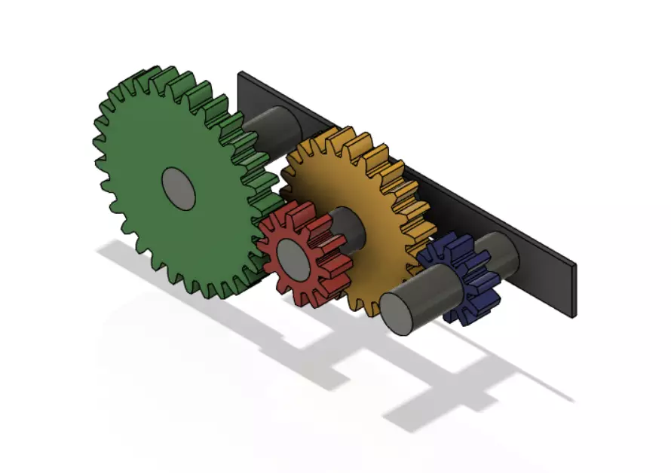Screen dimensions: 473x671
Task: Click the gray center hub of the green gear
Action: click(x=179, y=188)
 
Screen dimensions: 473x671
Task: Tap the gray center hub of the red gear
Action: click(x=292, y=256)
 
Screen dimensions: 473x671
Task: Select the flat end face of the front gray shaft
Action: click(x=399, y=311)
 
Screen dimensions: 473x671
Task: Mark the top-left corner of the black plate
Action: click(x=241, y=74)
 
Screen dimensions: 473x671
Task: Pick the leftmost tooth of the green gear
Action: click(x=97, y=162)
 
